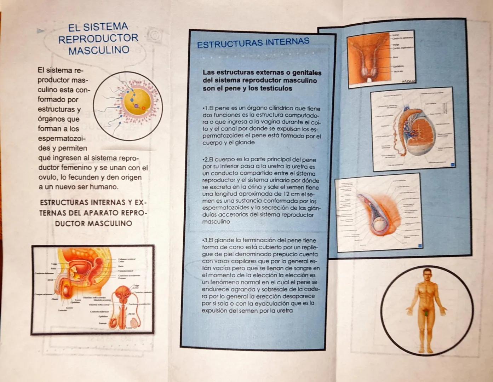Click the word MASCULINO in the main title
point(99,50)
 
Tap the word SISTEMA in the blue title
point(107,27)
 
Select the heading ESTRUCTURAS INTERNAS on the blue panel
point(253,43)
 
